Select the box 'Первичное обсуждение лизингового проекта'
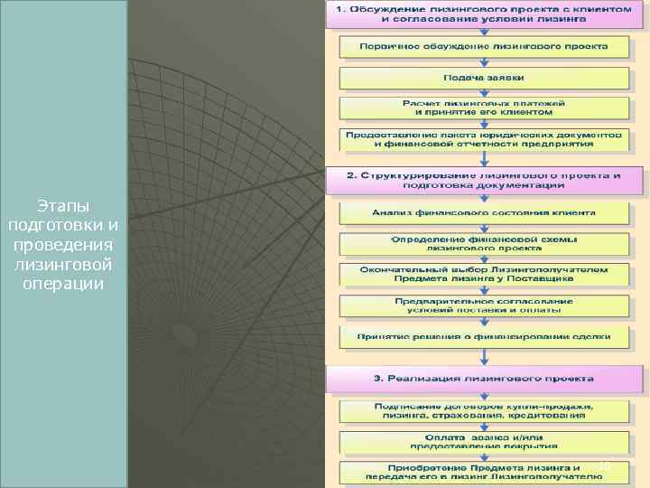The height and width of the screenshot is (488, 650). (x=483, y=46)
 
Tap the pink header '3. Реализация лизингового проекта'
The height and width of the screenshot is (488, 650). (x=485, y=379)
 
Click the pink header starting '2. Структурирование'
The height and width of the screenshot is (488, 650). (x=485, y=179)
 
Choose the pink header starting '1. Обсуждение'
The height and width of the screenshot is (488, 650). (x=483, y=14)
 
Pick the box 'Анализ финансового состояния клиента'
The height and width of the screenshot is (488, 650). (x=485, y=213)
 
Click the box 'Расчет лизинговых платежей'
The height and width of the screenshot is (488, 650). (x=483, y=108)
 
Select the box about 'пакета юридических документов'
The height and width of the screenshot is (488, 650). (x=483, y=139)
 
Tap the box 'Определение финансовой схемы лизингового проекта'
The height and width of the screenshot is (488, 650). (x=485, y=243)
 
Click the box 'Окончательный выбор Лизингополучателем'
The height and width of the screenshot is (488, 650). (x=485, y=274)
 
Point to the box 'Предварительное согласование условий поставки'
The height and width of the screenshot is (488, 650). (x=485, y=305)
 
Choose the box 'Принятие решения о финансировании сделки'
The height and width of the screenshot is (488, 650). (x=485, y=336)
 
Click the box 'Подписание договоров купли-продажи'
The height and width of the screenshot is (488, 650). (x=485, y=411)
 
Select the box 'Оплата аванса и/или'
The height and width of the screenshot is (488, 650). (x=485, y=441)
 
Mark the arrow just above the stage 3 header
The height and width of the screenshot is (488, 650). (x=485, y=357)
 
